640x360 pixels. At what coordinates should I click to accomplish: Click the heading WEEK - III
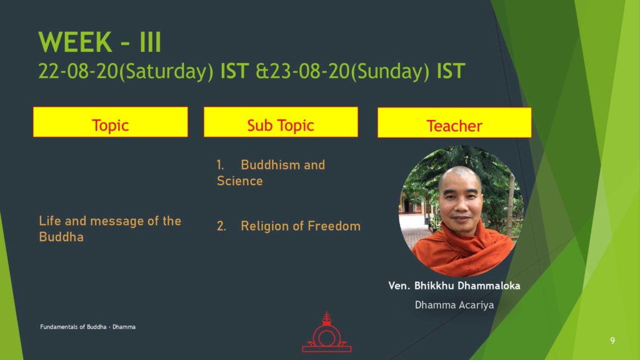coord(100,42)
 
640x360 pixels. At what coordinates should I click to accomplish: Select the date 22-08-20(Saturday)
coord(126,71)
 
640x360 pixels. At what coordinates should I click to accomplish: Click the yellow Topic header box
coord(111,122)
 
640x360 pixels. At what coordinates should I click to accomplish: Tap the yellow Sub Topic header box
coord(281,122)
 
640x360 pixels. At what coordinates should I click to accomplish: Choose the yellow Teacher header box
coord(454,123)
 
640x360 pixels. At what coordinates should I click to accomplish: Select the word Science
coord(239,181)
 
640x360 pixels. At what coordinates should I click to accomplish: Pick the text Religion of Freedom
coord(301,226)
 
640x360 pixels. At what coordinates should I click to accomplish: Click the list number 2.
coord(221,226)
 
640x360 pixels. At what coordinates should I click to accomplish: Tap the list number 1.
coord(220,165)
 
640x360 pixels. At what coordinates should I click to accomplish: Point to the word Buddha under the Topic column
coord(61,237)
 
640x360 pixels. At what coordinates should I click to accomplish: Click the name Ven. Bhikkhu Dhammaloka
coord(454,286)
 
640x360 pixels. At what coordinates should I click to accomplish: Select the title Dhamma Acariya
coord(454,305)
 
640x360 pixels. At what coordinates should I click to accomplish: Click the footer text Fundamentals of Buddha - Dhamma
coord(87,327)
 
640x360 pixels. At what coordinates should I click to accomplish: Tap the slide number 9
coord(612,341)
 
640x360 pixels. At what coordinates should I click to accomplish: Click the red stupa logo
coord(326,332)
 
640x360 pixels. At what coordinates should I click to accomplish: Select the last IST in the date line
coord(451,71)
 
